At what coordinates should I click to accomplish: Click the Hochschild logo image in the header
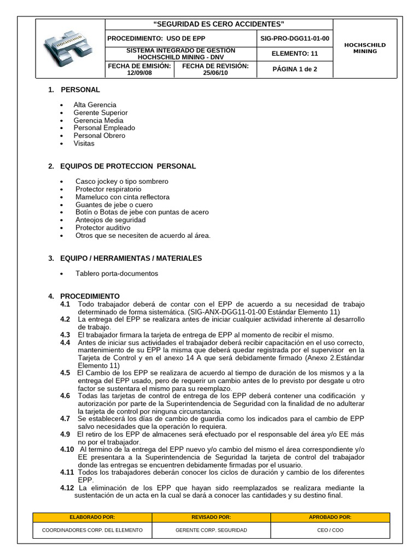70,49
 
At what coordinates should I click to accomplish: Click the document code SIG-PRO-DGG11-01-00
295,39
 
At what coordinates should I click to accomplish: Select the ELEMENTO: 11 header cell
295,54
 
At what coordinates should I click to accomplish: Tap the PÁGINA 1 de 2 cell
295,69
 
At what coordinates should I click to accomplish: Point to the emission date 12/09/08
139,72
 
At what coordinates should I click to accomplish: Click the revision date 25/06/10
215,72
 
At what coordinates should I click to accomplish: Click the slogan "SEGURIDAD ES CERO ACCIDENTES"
219,24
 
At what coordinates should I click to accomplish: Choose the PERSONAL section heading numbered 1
80,90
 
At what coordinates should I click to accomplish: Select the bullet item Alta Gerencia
95,104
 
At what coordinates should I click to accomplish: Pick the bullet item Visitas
84,143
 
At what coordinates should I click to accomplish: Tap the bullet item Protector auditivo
103,227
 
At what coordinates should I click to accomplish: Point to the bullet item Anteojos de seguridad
110,220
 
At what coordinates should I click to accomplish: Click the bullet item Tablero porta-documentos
116,273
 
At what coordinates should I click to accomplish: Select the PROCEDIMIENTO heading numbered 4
89,296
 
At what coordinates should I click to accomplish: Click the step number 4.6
65,395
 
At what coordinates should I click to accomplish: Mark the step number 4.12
67,488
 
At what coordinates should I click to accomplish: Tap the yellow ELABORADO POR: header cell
92,517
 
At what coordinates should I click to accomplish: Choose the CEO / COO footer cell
330,530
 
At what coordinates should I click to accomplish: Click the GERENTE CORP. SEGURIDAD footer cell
211,530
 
